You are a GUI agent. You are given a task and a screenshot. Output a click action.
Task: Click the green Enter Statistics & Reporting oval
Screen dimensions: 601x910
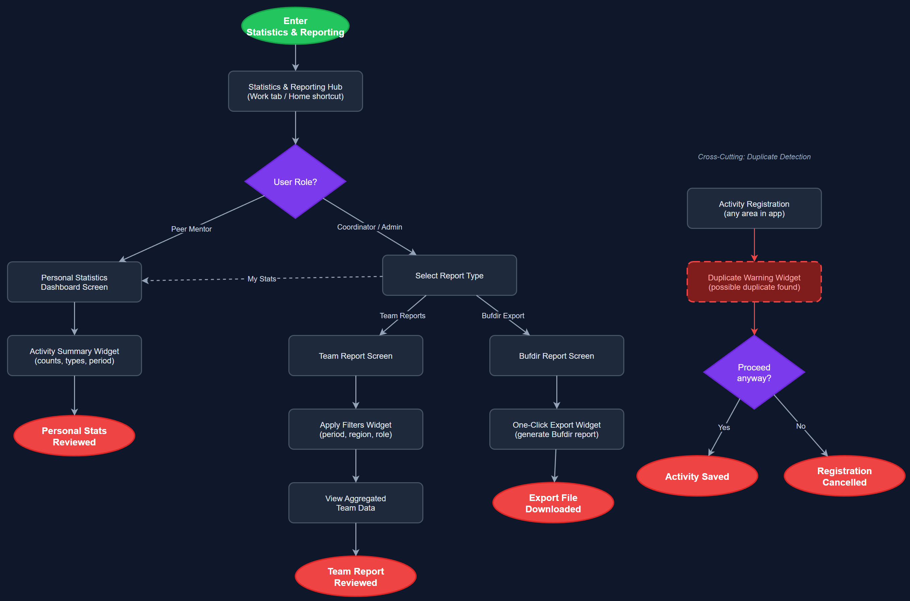pos(295,26)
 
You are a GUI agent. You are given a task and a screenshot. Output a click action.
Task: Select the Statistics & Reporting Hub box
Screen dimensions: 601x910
pos(295,91)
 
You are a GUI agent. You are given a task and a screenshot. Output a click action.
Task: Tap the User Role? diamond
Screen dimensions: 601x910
pos(295,182)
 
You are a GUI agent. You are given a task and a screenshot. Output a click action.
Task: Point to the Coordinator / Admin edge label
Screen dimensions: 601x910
pos(369,227)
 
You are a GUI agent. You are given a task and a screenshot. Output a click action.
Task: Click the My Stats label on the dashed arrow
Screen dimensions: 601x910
pos(261,279)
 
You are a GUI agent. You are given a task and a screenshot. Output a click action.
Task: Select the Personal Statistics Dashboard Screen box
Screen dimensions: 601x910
pos(74,282)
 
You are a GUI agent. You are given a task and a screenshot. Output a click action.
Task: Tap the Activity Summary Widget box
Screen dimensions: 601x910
pos(74,356)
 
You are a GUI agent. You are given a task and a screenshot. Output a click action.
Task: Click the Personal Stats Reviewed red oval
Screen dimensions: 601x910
pos(74,436)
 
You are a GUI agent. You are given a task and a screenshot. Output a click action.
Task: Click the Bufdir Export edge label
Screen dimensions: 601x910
pos(503,316)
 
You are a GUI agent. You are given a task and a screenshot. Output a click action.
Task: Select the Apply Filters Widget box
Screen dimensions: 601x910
pos(355,429)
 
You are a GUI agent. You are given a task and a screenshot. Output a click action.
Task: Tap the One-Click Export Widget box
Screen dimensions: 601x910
pos(556,429)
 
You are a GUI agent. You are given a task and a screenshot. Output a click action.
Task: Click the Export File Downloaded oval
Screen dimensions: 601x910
pos(553,503)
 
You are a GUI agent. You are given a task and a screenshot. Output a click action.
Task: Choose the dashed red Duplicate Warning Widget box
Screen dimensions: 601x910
pos(754,282)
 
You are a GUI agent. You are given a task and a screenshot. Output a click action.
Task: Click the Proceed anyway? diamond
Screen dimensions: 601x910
pos(754,372)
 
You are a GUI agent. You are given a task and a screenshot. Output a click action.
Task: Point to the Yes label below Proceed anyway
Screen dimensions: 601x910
pos(723,427)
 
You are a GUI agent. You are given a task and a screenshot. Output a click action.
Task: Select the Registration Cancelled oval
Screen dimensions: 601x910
pos(844,476)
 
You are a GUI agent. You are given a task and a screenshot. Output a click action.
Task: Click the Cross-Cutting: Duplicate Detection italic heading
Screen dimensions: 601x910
pos(754,157)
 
